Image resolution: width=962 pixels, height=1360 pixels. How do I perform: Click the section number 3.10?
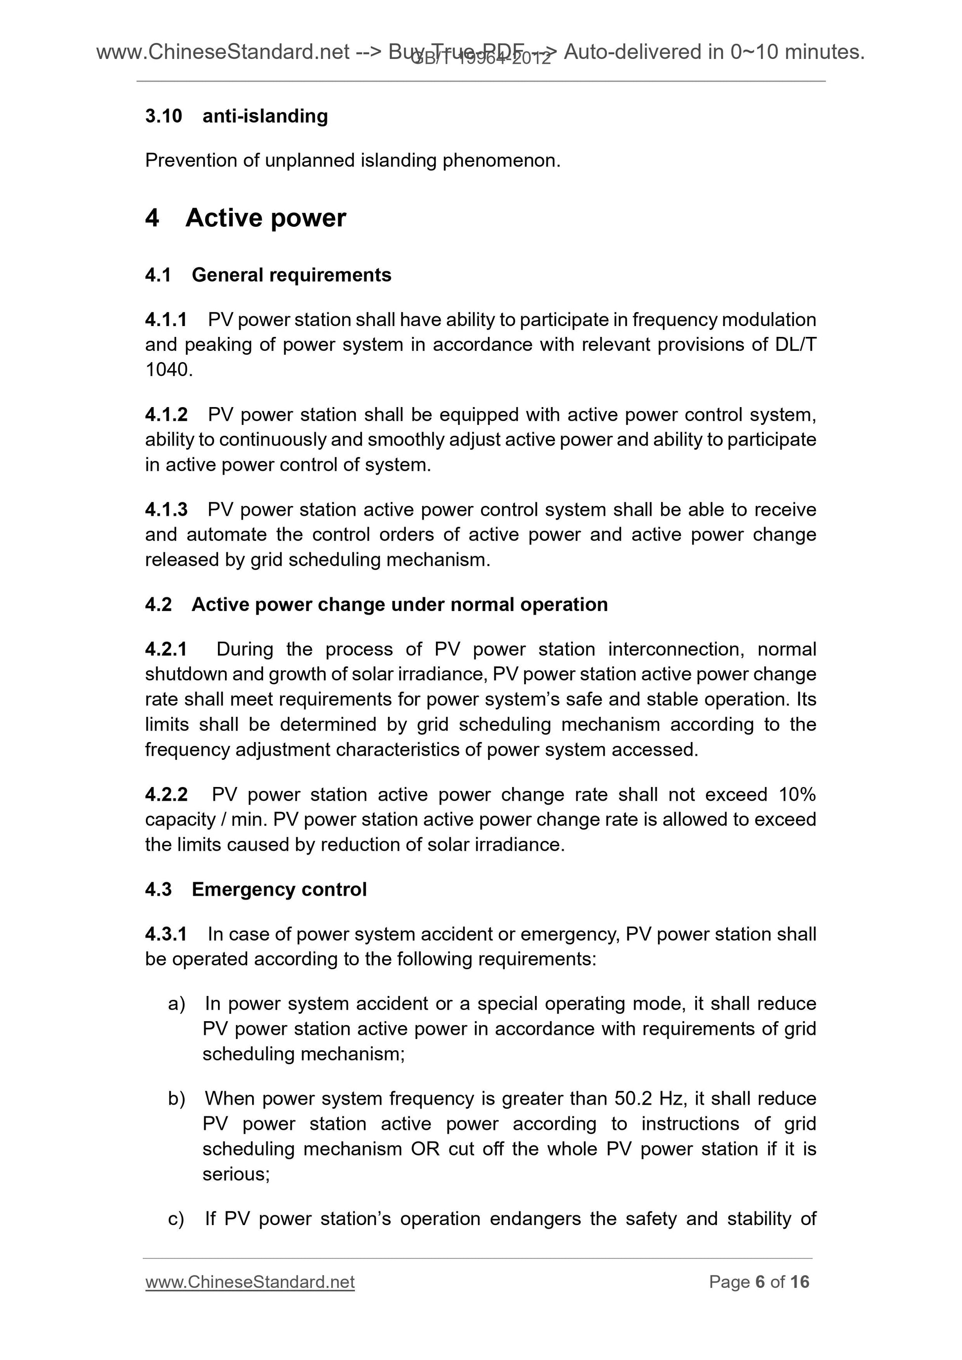(163, 116)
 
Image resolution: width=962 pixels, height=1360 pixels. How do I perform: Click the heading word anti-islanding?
(265, 116)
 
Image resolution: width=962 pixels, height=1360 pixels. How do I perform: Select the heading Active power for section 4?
(265, 218)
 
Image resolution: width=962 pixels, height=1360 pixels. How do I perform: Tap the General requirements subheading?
(291, 275)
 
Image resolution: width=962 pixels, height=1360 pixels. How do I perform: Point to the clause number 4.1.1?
(166, 320)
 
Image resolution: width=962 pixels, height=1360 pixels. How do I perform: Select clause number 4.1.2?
(166, 414)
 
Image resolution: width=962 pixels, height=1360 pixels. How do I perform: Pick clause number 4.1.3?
(166, 509)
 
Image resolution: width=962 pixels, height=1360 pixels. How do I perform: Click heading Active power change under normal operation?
(399, 604)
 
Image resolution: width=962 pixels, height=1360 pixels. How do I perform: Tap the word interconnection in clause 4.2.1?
(676, 649)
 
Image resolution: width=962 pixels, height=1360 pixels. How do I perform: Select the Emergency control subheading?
(279, 889)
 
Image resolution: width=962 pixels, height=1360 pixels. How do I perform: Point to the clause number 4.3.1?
(166, 934)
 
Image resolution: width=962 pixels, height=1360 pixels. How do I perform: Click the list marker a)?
(176, 1003)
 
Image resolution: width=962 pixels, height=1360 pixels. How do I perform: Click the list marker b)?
(176, 1099)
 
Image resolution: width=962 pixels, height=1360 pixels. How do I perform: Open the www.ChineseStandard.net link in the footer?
(250, 1282)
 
